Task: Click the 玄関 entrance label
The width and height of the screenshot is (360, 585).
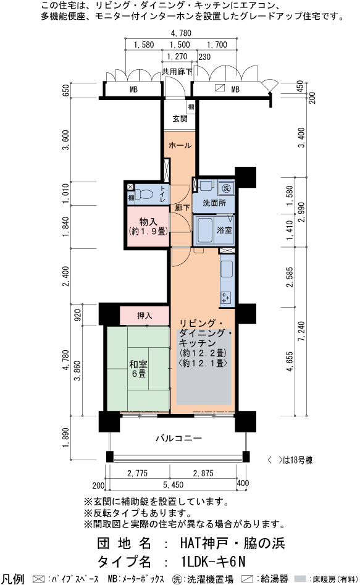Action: (180, 119)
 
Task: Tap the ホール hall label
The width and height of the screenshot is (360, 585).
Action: (180, 145)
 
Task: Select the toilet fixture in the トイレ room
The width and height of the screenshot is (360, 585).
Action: (143, 194)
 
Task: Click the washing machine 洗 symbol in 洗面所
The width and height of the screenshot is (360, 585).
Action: (227, 188)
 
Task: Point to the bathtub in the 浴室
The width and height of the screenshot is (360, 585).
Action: (204, 230)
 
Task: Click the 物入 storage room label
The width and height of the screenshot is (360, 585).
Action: (148, 222)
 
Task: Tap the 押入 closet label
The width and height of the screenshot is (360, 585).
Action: (144, 316)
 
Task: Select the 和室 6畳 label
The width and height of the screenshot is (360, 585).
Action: (138, 368)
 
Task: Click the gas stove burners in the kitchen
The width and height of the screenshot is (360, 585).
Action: (226, 298)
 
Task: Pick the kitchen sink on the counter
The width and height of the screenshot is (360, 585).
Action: (227, 269)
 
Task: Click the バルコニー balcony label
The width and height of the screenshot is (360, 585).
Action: (178, 438)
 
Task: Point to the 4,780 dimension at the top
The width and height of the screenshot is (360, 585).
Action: (181, 33)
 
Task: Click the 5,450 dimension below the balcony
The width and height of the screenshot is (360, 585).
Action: (173, 485)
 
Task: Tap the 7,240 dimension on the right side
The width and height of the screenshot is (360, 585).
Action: (301, 331)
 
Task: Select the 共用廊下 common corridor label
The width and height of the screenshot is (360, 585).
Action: (177, 71)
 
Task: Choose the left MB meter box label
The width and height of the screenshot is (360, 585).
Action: (133, 90)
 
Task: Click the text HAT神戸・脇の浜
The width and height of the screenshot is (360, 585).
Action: (232, 543)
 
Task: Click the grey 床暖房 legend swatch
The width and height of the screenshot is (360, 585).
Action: (302, 579)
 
